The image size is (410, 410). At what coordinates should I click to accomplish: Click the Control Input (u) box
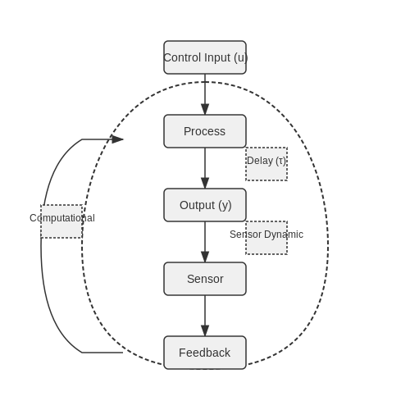click(x=205, y=57)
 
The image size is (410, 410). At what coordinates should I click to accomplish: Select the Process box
click(x=205, y=131)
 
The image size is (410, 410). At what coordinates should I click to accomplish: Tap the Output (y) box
click(x=205, y=205)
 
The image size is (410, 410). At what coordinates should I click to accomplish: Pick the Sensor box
click(x=205, y=279)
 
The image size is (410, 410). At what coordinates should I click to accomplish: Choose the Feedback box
click(x=205, y=353)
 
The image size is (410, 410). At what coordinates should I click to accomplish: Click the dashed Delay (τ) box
click(x=266, y=164)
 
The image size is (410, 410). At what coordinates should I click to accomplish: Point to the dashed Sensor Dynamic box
click(x=266, y=238)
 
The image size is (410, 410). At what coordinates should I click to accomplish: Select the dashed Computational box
click(x=61, y=221)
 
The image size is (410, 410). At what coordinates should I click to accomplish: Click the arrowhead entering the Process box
click(x=205, y=109)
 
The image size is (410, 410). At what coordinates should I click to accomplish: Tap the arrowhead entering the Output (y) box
click(x=205, y=183)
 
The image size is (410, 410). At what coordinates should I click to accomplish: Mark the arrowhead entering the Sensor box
click(x=205, y=257)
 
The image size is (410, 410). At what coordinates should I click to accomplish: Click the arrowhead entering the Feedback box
click(x=205, y=330)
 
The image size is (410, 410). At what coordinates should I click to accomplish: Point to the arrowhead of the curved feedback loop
click(x=117, y=139)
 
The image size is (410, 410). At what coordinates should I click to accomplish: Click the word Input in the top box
click(x=217, y=58)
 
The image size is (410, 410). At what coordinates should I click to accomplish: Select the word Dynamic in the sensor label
click(x=284, y=235)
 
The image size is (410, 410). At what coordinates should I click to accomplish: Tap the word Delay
click(x=260, y=161)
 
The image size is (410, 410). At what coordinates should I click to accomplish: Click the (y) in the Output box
click(x=225, y=206)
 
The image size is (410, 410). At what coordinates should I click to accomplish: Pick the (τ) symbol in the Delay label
click(x=280, y=161)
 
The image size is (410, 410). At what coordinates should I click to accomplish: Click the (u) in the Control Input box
click(x=240, y=58)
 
